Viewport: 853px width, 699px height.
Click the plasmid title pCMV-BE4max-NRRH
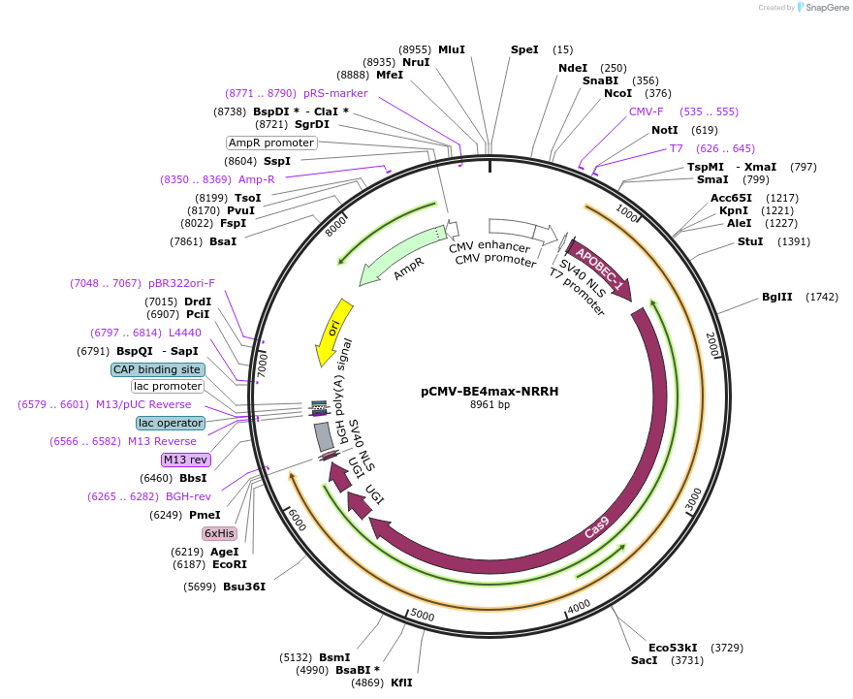coord(490,392)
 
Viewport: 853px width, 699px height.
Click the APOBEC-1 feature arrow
coord(599,266)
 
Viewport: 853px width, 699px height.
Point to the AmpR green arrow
coord(397,257)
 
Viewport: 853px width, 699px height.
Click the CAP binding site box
coord(157,369)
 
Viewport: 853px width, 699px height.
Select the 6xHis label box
coord(219,533)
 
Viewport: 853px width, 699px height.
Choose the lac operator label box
coord(171,423)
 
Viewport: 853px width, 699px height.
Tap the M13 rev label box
coord(185,460)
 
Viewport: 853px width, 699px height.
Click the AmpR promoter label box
coord(271,143)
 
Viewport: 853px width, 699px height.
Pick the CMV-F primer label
coord(647,111)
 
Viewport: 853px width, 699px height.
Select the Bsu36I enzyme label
coord(244,587)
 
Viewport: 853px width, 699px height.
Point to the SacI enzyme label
coord(644,660)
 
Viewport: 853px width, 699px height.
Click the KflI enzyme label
coord(401,683)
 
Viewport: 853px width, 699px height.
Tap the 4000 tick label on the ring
coord(579,607)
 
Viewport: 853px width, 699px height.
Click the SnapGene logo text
coord(826,8)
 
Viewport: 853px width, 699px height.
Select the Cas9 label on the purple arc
coord(598,527)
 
